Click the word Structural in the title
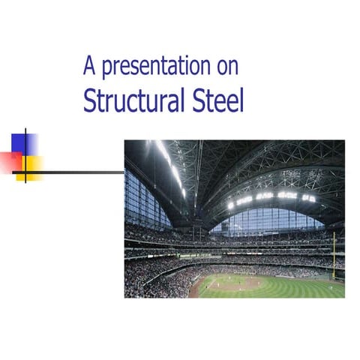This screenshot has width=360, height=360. (135, 100)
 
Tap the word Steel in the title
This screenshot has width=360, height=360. (218, 100)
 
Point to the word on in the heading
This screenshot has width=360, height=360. (227, 67)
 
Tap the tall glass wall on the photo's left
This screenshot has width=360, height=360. (142, 199)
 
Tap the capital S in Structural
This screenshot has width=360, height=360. (88, 100)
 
